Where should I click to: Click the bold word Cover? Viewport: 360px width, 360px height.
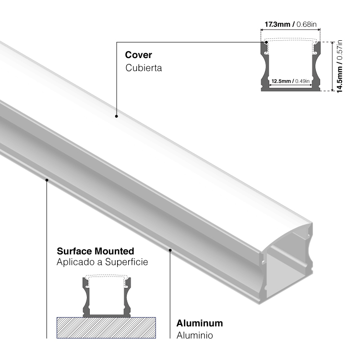(138, 55)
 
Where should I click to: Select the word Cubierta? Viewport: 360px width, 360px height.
(144, 68)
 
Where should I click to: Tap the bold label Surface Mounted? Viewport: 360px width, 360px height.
(95, 251)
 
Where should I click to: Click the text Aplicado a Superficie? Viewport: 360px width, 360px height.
(102, 262)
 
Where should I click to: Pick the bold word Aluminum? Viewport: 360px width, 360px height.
(199, 323)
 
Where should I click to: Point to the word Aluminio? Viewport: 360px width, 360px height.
(194, 335)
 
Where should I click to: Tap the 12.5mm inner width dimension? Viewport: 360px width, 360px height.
(281, 81)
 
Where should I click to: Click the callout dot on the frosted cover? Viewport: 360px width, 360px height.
(116, 116)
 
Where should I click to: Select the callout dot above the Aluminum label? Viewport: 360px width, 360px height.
(170, 250)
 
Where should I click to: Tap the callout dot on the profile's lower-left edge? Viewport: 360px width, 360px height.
(47, 180)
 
